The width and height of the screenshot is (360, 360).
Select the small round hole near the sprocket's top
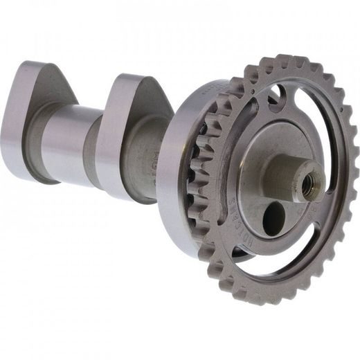(x=276, y=91)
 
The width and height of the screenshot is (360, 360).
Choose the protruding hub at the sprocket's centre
(x=294, y=177)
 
